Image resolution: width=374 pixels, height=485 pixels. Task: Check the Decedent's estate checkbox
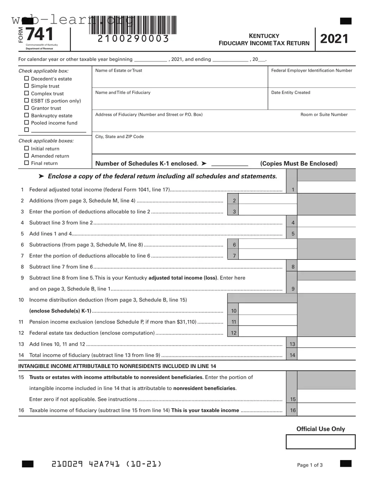click(x=26, y=79)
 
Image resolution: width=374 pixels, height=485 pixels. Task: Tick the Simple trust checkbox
click(x=26, y=86)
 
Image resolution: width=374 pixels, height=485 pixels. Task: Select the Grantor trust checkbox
click(x=26, y=108)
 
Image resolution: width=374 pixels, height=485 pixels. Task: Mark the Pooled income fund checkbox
click(x=26, y=123)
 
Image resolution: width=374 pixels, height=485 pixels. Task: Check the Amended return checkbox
click(x=26, y=156)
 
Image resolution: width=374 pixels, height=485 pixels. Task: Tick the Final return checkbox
click(x=26, y=163)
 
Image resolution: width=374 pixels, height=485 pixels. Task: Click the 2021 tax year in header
click(x=334, y=39)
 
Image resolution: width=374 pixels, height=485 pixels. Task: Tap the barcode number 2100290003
click(x=133, y=39)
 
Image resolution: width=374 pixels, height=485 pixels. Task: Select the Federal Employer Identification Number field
click(x=312, y=80)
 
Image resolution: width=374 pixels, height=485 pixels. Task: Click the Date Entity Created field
click(x=312, y=102)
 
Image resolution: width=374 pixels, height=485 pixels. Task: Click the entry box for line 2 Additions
click(x=267, y=199)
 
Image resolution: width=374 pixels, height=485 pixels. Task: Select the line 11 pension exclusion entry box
click(x=267, y=321)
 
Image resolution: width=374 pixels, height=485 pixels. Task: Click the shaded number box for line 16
click(x=293, y=410)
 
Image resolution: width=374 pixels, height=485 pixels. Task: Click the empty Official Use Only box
click(x=320, y=442)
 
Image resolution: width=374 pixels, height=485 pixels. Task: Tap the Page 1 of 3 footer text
click(x=310, y=465)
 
